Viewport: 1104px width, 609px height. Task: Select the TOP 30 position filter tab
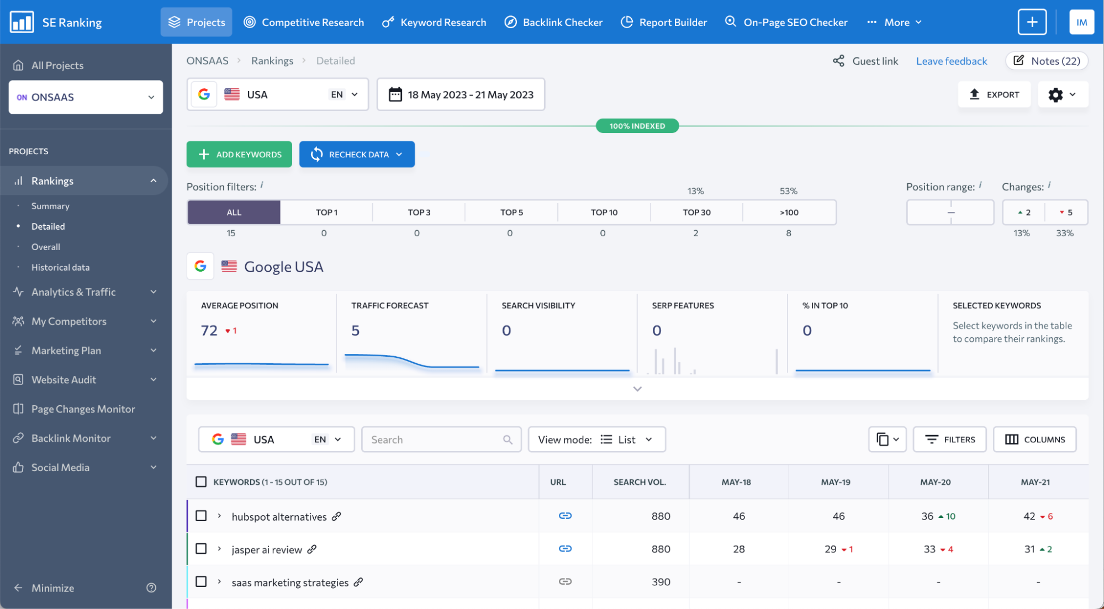(x=696, y=213)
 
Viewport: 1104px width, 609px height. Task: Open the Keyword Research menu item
(x=434, y=23)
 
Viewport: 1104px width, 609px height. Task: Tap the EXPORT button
(x=994, y=94)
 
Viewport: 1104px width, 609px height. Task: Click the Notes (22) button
(x=1047, y=61)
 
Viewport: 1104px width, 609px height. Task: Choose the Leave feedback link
(x=951, y=61)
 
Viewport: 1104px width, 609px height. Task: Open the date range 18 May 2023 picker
(x=461, y=94)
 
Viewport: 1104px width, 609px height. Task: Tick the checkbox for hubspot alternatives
(x=201, y=516)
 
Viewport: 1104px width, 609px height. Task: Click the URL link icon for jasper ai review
(x=565, y=549)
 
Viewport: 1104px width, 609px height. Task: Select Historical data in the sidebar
(x=60, y=267)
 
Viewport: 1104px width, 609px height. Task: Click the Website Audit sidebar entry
(x=64, y=380)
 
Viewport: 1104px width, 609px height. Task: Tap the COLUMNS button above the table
(x=1034, y=439)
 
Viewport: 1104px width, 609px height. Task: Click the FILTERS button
(x=949, y=439)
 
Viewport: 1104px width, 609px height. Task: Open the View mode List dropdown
(x=596, y=439)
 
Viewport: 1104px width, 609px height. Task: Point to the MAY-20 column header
(x=935, y=482)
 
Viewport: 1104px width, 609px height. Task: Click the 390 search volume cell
(x=661, y=582)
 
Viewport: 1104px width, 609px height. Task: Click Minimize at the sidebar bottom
(x=52, y=588)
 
